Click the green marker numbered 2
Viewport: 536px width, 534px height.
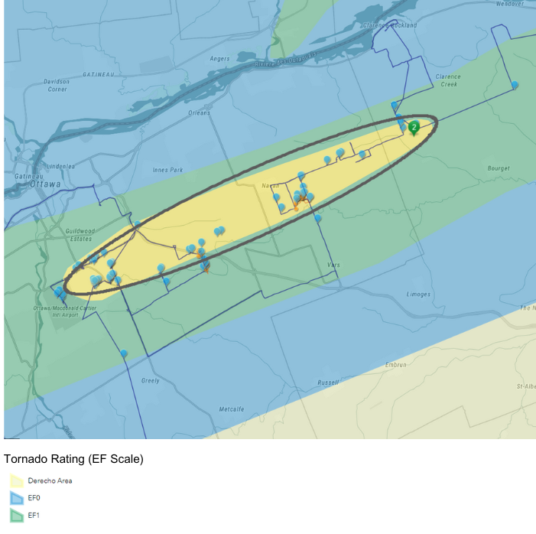(414, 126)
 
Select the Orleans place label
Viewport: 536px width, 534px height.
(199, 113)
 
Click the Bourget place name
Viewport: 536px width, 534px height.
(498, 168)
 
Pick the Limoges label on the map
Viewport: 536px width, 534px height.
(418, 295)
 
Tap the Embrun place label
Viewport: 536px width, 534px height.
(396, 365)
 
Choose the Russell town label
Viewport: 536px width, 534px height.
(327, 382)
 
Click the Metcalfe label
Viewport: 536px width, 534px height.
(231, 409)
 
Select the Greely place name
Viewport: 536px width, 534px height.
(151, 380)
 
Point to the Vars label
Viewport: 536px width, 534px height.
(333, 265)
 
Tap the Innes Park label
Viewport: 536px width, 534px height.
(167, 170)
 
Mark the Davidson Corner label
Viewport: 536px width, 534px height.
(57, 85)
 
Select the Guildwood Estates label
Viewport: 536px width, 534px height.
(79, 235)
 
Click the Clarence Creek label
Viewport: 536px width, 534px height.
(448, 80)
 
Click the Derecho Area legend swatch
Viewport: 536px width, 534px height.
(16, 481)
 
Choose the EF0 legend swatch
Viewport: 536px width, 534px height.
(16, 499)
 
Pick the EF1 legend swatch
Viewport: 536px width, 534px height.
(16, 516)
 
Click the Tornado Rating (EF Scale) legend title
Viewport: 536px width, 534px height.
(73, 459)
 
